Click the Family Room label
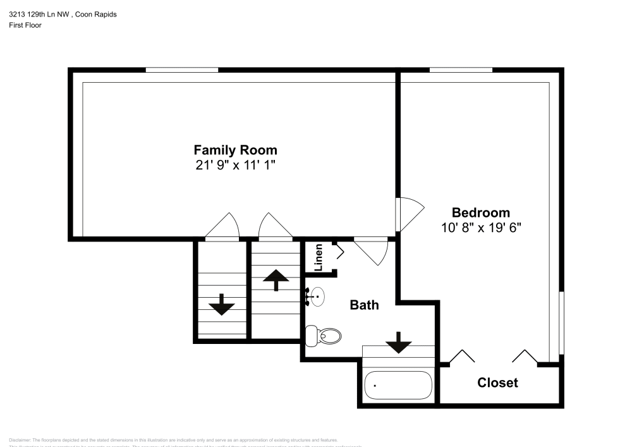[x=235, y=150]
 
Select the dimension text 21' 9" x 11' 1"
[x=235, y=166]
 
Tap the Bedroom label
[x=480, y=212]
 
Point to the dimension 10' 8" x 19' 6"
[x=480, y=228]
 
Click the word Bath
[x=365, y=305]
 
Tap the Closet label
[x=497, y=383]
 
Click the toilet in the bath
[x=322, y=335]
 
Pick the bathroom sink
[x=317, y=296]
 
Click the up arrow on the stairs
[x=276, y=279]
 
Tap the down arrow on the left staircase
[x=222, y=304]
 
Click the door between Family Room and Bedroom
[x=408, y=215]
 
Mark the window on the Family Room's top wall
[x=181, y=70]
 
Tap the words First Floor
[x=25, y=25]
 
